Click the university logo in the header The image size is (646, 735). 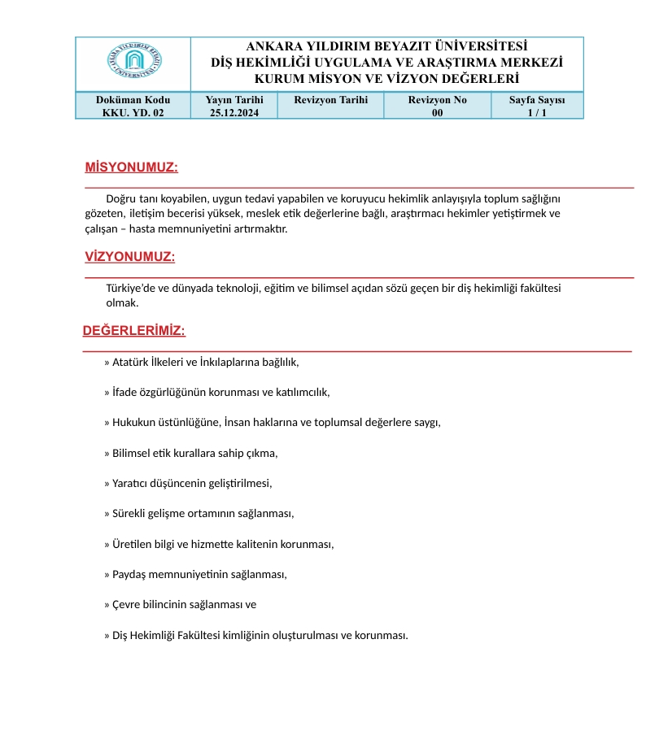click(x=133, y=63)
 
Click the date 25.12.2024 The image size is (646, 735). click(x=234, y=113)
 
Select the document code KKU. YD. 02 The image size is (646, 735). click(x=133, y=113)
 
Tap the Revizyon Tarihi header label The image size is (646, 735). click(x=330, y=99)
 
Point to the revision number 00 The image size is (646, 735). click(x=437, y=113)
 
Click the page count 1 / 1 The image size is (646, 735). click(x=537, y=113)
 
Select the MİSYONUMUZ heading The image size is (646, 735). click(x=131, y=167)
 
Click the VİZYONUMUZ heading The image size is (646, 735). click(x=130, y=257)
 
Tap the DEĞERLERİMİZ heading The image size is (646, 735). click(x=134, y=331)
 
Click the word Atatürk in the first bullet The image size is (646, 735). click(x=129, y=363)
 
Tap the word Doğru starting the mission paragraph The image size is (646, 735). click(x=120, y=198)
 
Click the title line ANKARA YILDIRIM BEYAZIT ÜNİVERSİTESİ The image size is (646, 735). click(x=386, y=46)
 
